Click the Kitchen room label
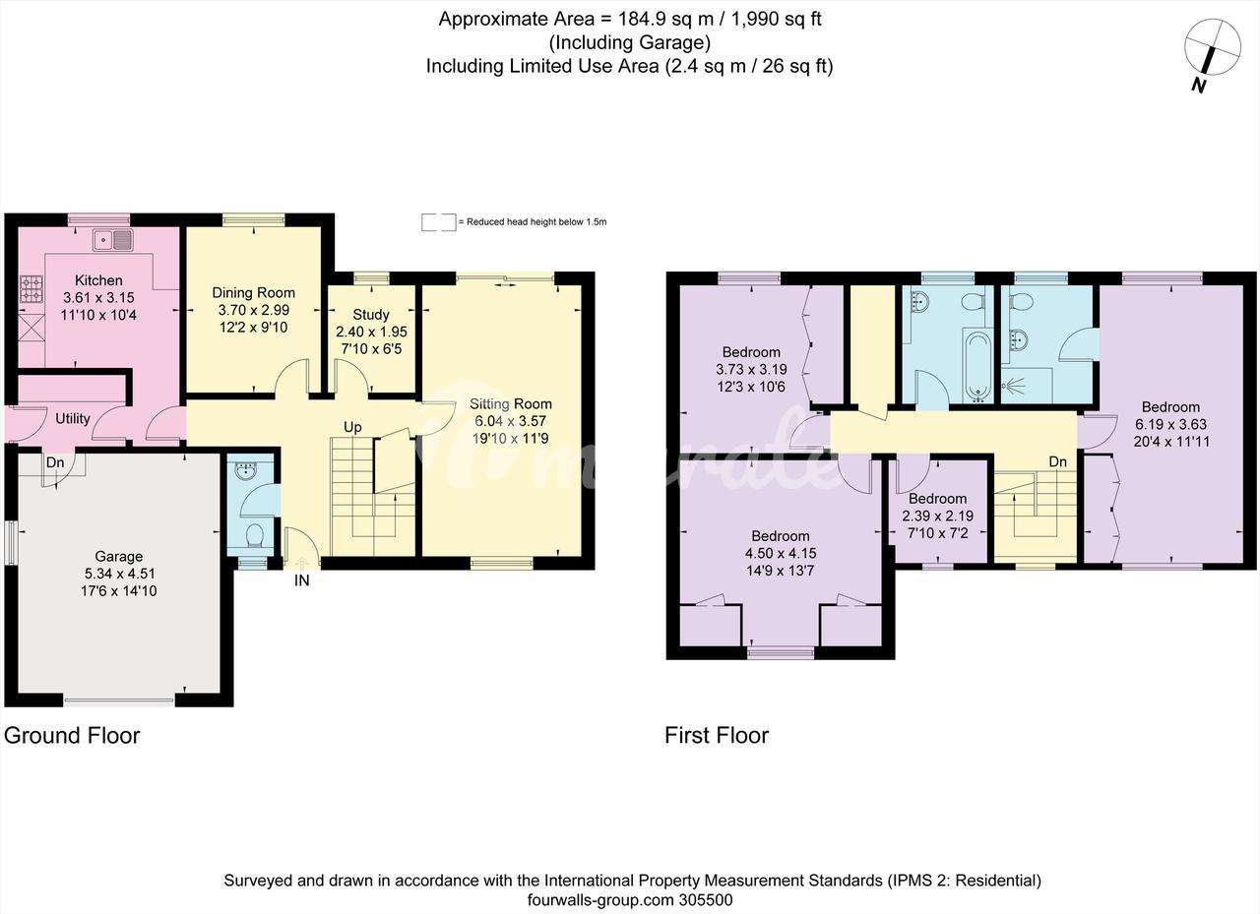[x=98, y=280]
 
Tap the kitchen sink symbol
[x=113, y=241]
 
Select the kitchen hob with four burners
[x=31, y=289]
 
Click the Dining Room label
[x=253, y=292]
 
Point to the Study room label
[x=371, y=314]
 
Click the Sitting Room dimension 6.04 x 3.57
[x=510, y=421]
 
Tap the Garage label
[x=118, y=556]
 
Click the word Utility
[x=73, y=418]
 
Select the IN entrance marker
[x=301, y=580]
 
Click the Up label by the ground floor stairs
[x=352, y=427]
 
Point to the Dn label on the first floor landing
[x=1057, y=461]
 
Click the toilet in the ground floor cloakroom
[x=255, y=534]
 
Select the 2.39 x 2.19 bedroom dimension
[x=937, y=516]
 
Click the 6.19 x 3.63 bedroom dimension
[x=1170, y=424]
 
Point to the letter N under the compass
[x=1198, y=86]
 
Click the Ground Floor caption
[x=72, y=735]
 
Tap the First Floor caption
[x=716, y=735]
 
